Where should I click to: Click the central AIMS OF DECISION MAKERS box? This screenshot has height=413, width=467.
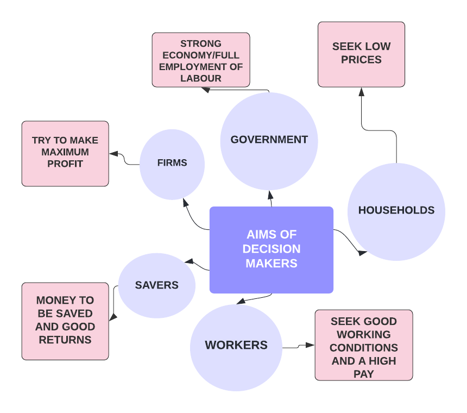[271, 249]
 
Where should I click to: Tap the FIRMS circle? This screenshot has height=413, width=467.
[172, 163]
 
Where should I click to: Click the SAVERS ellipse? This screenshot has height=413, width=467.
[156, 285]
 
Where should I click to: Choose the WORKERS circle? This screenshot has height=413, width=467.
[236, 346]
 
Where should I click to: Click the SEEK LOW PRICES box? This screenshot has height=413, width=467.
[361, 54]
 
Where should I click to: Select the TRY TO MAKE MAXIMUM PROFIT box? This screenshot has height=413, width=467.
[65, 153]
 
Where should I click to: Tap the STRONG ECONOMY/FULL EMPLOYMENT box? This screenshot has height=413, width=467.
[200, 60]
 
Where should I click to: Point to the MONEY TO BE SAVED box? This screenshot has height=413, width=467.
[65, 321]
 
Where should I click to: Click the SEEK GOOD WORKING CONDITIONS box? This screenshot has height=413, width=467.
[363, 345]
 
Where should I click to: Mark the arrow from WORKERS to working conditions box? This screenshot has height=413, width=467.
[299, 346]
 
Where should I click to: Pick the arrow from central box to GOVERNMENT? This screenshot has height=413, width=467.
[270, 199]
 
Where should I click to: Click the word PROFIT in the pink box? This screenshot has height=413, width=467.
[65, 164]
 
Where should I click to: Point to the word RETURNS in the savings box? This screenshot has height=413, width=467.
[65, 340]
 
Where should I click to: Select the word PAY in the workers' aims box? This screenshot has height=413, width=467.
[363, 374]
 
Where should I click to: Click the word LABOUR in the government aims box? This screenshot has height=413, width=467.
[200, 78]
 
